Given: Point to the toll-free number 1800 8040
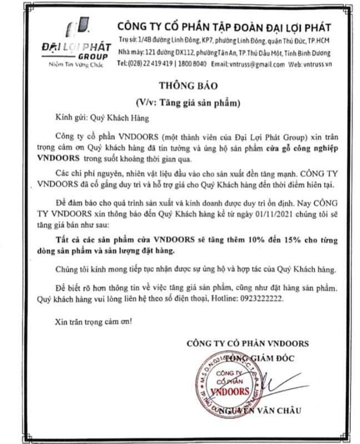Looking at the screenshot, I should [192, 65].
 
